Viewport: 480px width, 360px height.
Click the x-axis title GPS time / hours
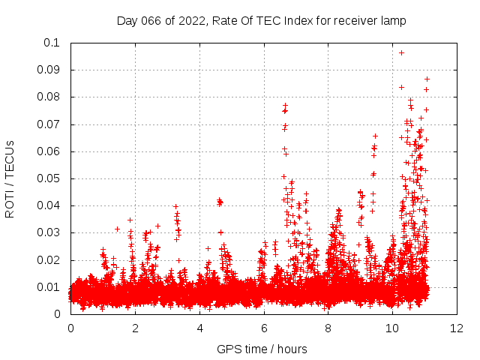pyautogui.click(x=262, y=349)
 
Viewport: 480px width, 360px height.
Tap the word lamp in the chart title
pyautogui.click(x=392, y=21)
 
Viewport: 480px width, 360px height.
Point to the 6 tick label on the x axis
pyautogui.click(x=264, y=328)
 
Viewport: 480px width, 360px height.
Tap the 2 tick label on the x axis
pyautogui.click(x=135, y=328)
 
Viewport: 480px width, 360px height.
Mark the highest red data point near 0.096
pyautogui.click(x=401, y=52)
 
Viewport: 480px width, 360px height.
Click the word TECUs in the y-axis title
pyautogui.click(x=10, y=159)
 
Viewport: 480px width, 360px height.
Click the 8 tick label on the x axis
pyautogui.click(x=328, y=328)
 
